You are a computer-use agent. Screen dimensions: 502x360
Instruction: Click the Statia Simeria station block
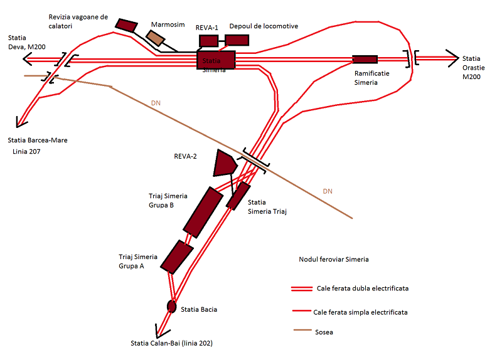216,60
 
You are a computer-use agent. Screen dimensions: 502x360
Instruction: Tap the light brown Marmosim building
155,38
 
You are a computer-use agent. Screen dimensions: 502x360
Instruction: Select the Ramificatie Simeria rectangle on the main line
365,60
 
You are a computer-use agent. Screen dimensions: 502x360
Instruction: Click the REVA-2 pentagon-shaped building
225,163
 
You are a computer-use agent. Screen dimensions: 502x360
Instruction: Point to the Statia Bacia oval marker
171,307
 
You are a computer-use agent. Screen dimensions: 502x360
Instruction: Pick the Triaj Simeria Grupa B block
203,213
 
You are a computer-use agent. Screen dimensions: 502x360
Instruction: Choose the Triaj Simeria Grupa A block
177,257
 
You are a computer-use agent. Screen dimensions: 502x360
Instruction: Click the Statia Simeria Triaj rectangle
238,196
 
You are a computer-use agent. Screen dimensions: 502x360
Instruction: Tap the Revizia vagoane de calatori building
127,25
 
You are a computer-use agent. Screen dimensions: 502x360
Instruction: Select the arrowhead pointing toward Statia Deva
27,59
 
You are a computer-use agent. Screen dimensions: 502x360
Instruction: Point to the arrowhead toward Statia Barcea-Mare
20,123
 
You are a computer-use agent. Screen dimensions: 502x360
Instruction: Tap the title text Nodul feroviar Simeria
334,259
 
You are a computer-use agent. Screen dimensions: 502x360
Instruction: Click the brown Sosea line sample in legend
302,330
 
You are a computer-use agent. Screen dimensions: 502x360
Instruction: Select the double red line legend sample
302,289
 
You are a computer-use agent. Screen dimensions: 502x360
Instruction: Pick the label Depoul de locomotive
264,26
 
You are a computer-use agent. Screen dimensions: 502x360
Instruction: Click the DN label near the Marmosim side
156,103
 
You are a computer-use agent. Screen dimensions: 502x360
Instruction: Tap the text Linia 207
26,152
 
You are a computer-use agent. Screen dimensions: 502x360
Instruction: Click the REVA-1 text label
207,28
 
